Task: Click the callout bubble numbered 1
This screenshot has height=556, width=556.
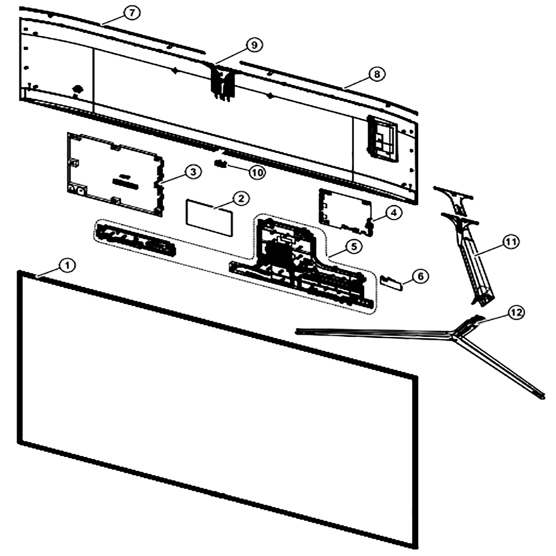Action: click(67, 265)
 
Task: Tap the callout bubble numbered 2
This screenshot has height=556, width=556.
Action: click(241, 198)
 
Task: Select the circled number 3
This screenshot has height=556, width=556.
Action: click(193, 172)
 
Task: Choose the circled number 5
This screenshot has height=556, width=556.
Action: click(354, 246)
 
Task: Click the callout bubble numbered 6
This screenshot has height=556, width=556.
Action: click(420, 276)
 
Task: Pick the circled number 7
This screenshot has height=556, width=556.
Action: click(132, 13)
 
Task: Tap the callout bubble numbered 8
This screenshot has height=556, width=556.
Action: click(376, 74)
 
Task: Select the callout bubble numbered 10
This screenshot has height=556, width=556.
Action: click(257, 173)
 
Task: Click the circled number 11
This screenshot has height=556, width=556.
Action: click(510, 242)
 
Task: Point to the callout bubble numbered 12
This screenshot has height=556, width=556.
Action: click(516, 312)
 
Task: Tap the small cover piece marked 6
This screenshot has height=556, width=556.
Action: click(391, 283)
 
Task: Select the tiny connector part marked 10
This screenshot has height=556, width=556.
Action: click(221, 163)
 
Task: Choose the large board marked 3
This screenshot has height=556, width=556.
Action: click(116, 173)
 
